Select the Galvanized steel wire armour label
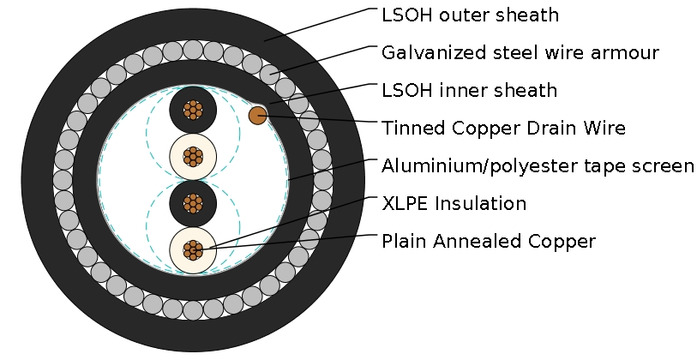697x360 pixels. pyautogui.click(x=520, y=52)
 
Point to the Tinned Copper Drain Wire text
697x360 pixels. pyautogui.click(x=503, y=128)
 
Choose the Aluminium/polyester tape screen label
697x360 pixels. pyautogui.click(x=538, y=165)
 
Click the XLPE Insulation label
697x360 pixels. pyautogui.click(x=454, y=203)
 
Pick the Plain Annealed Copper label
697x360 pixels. pyautogui.click(x=488, y=241)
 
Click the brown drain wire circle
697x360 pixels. pyautogui.click(x=257, y=115)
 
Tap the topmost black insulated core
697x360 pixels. pyautogui.click(x=193, y=111)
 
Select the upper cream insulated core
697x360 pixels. pyautogui.click(x=193, y=157)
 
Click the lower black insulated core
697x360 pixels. pyautogui.click(x=193, y=203)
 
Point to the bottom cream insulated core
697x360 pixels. pyautogui.click(x=193, y=249)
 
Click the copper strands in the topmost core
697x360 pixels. pyautogui.click(x=193, y=111)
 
